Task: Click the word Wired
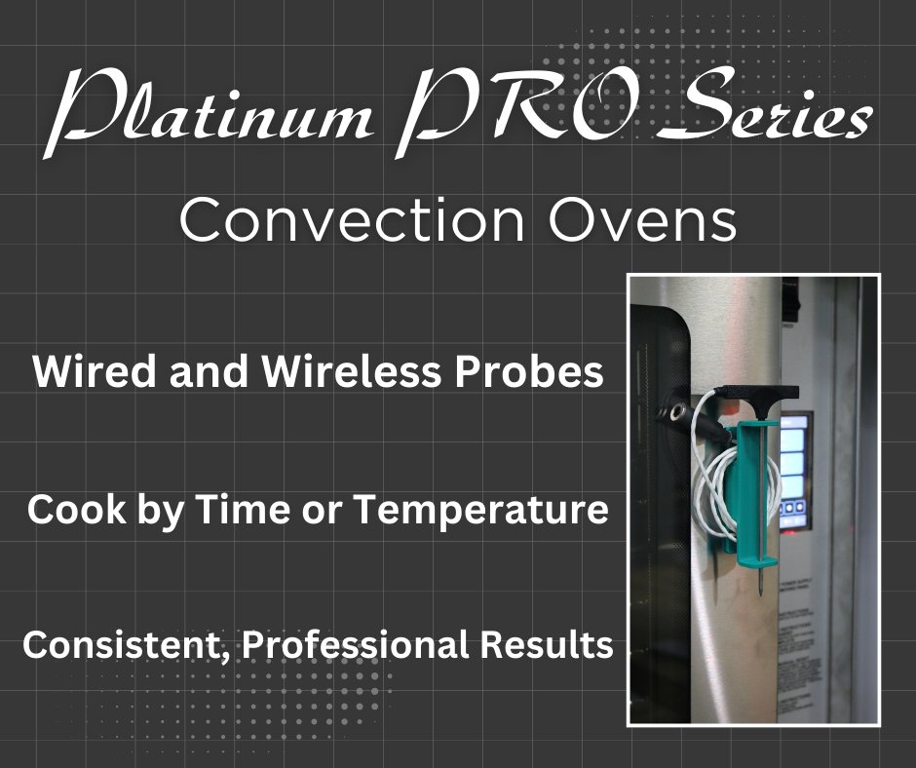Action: pyautogui.click(x=90, y=373)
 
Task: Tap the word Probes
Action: pyautogui.click(x=534, y=373)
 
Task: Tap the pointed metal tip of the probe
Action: pyautogui.click(x=758, y=595)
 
